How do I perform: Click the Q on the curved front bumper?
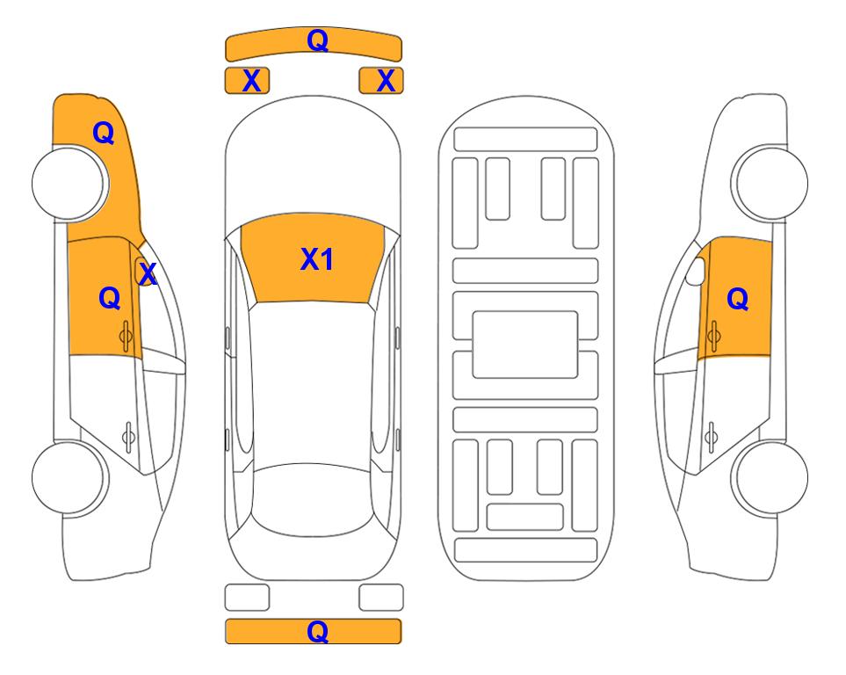pos(317,40)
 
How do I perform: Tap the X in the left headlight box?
pos(251,81)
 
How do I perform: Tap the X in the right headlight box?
pos(386,81)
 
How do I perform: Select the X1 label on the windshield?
pos(316,259)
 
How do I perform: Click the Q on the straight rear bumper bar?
pos(317,631)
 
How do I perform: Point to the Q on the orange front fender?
pos(104,133)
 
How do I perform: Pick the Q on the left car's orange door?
pos(110,298)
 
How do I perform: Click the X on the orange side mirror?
pos(148,274)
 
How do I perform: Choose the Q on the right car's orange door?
pos(738,299)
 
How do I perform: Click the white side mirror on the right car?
pos(696,271)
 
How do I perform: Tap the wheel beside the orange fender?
pos(69,184)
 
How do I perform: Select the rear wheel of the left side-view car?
pos(69,477)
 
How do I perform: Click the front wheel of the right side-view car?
pos(770,183)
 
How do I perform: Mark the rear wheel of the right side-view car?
pos(771,477)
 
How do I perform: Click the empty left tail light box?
pos(247,598)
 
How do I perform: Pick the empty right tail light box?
pos(381,598)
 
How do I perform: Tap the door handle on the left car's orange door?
pos(126,337)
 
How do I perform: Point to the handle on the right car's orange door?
pos(713,336)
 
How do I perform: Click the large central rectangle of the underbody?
pos(525,345)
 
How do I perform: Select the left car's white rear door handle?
pos(128,436)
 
